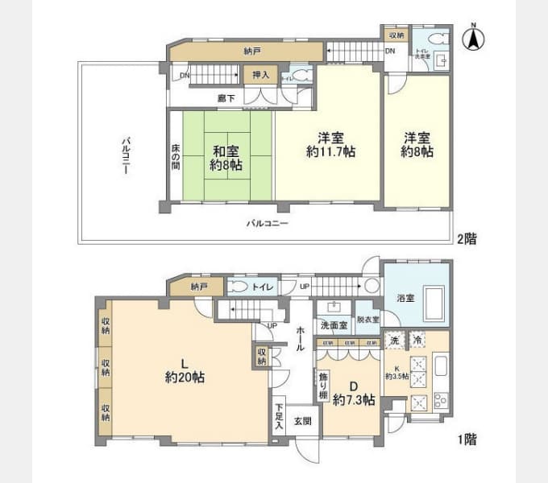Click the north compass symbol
click(x=473, y=38)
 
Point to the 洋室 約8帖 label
click(x=418, y=143)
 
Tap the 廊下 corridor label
click(x=226, y=98)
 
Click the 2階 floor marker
click(x=467, y=238)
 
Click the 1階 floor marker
click(x=467, y=440)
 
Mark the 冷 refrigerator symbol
click(x=418, y=341)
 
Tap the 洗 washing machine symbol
click(x=394, y=341)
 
